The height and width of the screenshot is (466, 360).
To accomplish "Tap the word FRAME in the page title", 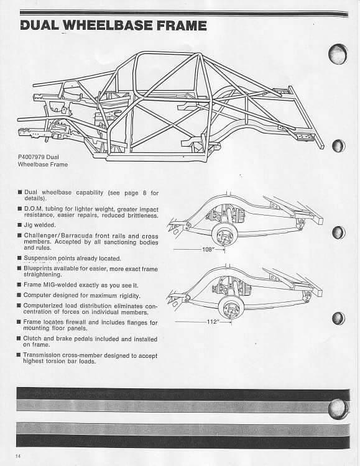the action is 182,25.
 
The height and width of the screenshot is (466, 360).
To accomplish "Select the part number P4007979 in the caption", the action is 31,157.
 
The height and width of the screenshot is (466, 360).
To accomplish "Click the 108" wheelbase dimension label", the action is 208,250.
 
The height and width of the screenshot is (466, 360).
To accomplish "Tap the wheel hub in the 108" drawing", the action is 224,236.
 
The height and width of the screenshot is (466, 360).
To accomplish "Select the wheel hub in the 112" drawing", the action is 230,308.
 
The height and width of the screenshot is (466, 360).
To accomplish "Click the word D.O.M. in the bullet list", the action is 33,209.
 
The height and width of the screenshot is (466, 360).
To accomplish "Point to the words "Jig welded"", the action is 40,225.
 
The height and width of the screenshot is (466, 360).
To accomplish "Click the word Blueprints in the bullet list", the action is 37,268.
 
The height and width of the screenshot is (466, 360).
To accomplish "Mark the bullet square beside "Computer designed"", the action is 19,295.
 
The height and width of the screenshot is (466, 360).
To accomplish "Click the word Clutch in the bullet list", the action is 32,339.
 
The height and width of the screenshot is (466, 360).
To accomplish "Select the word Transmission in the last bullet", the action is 42,355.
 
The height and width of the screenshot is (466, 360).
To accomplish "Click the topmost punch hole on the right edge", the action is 338,54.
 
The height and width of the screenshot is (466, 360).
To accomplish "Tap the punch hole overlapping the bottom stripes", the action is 338,409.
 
